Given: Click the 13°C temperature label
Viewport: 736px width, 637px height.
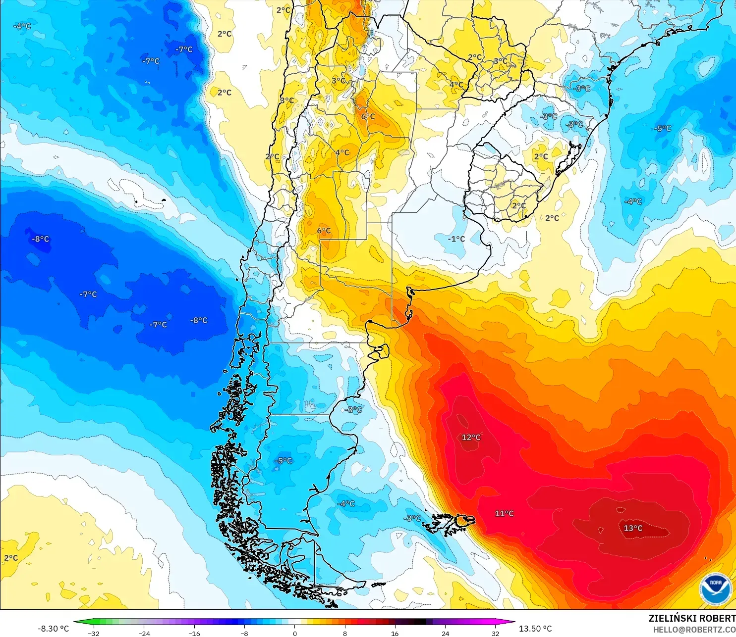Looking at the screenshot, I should pos(633,528).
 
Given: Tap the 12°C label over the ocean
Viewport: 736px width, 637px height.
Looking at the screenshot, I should pos(471,437).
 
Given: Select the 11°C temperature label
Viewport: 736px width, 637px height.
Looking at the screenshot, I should pos(504,513).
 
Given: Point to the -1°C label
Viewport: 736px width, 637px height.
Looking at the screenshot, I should pos(456,239).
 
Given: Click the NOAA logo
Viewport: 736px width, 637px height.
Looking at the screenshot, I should pos(715,588).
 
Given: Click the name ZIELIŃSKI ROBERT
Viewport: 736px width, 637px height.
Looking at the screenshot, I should pos(692,618).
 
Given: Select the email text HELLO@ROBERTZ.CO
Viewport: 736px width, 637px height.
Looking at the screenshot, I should pos(694,630).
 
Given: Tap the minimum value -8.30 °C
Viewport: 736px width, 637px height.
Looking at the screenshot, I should pos(54,629).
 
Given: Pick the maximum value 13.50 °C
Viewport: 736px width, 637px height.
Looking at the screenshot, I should pos(535,629).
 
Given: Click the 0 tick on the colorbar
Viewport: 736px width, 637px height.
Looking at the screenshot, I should pos(295,633).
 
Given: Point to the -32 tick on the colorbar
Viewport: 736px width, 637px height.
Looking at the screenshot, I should pos(93,633).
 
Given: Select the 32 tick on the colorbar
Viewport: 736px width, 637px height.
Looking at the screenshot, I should pos(496,633).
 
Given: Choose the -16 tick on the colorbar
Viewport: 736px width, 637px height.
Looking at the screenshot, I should pos(194,633).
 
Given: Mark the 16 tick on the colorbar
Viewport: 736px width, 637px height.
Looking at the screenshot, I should pos(395,633).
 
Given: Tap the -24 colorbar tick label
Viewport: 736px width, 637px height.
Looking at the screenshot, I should pos(144,633).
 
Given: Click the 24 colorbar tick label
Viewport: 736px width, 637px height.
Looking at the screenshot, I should pos(446,633).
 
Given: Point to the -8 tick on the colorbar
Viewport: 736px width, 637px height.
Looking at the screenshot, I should pos(244,633).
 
